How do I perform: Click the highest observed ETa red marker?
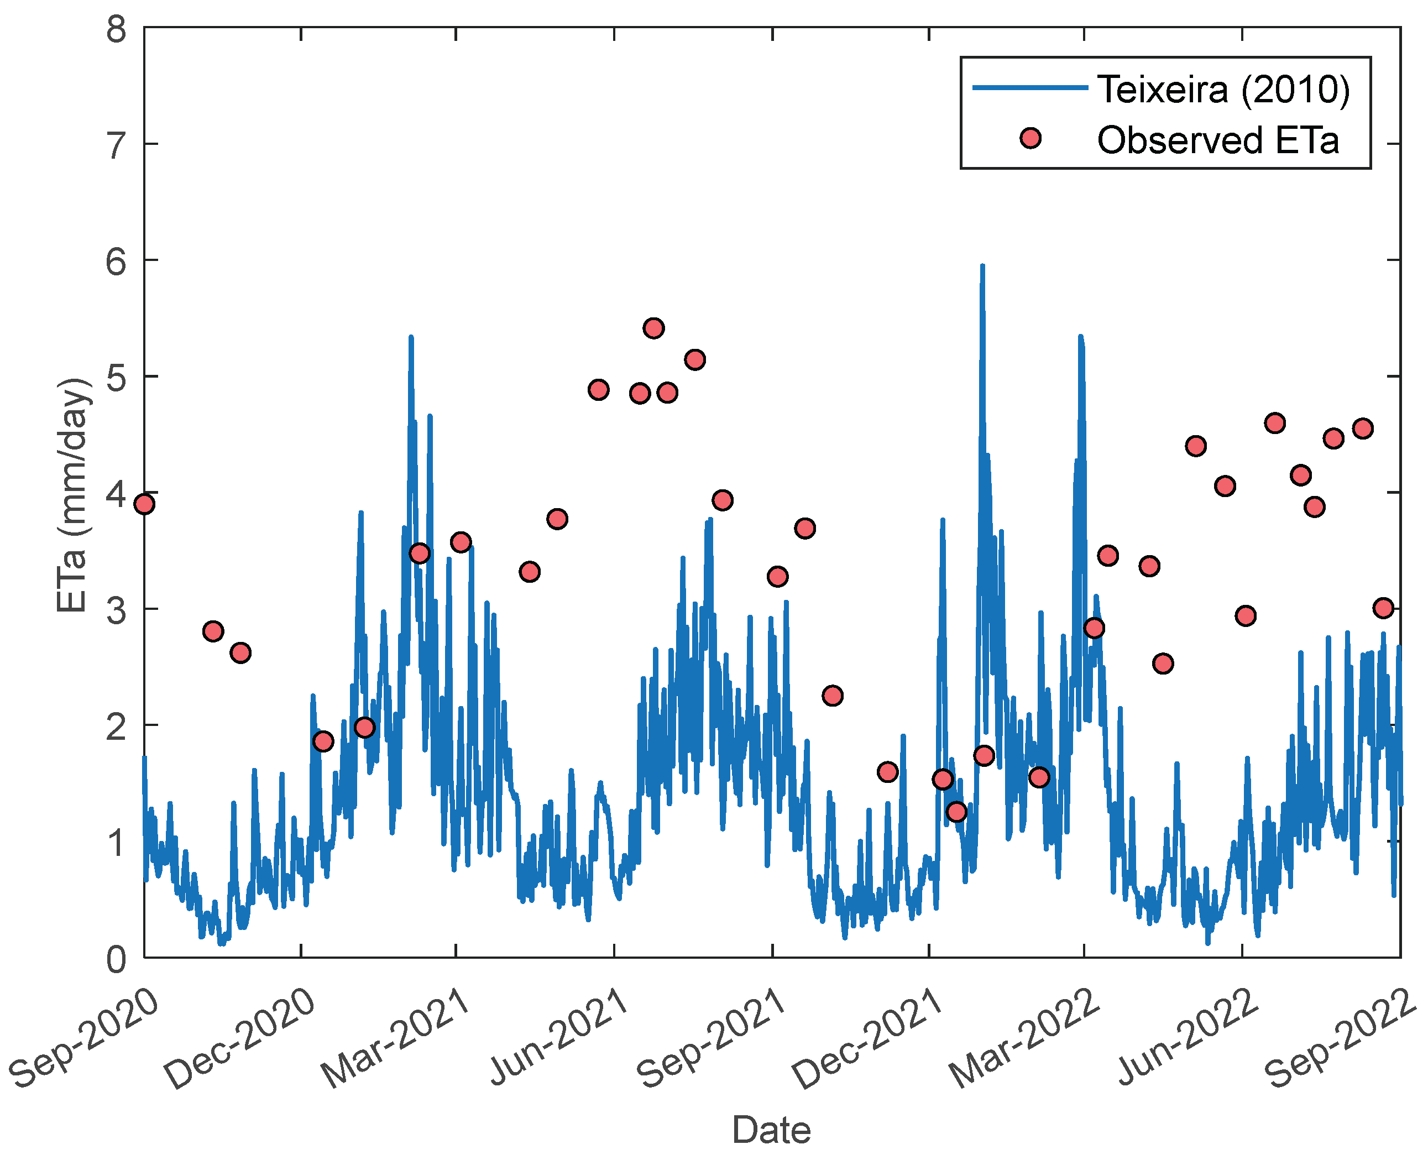point(653,328)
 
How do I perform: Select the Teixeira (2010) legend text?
point(1223,89)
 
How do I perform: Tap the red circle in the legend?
point(1031,138)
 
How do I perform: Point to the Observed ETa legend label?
point(1217,140)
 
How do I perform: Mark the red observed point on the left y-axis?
point(144,504)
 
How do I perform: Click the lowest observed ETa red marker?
point(956,812)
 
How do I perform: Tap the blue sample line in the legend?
point(1029,87)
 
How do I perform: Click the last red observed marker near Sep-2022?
point(1383,608)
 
